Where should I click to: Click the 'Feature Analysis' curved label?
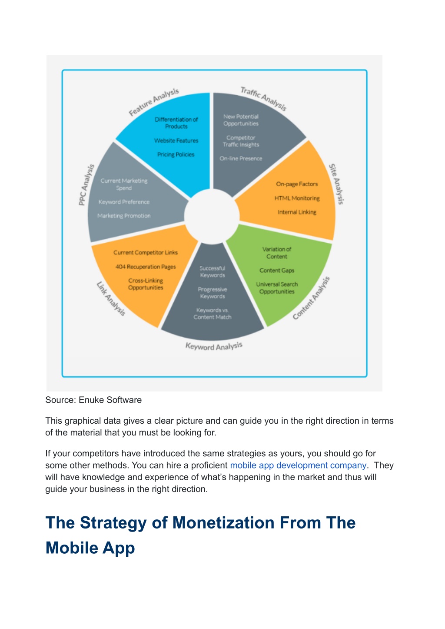[x=154, y=102]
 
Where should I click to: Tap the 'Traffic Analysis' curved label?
[x=263, y=99]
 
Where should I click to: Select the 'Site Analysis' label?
[x=336, y=184]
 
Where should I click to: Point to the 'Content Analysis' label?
[x=311, y=298]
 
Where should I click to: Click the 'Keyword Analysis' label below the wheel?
[x=214, y=346]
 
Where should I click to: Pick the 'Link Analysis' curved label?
[x=111, y=299]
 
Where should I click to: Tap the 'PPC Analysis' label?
[x=86, y=185]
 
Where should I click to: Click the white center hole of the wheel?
[x=212, y=216]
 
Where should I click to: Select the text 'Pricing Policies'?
[x=176, y=154]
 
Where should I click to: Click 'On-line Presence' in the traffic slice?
[x=241, y=158]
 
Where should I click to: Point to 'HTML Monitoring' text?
[x=297, y=198]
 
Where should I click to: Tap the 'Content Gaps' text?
[x=277, y=270]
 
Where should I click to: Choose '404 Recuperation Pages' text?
[x=146, y=267]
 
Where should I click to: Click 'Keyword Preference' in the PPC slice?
[x=124, y=202]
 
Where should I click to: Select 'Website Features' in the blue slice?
[x=176, y=141]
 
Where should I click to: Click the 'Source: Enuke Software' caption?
[x=93, y=400]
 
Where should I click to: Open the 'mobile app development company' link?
[x=298, y=465]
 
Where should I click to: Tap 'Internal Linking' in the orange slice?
[x=297, y=212]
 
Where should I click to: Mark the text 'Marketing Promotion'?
[x=124, y=216]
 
